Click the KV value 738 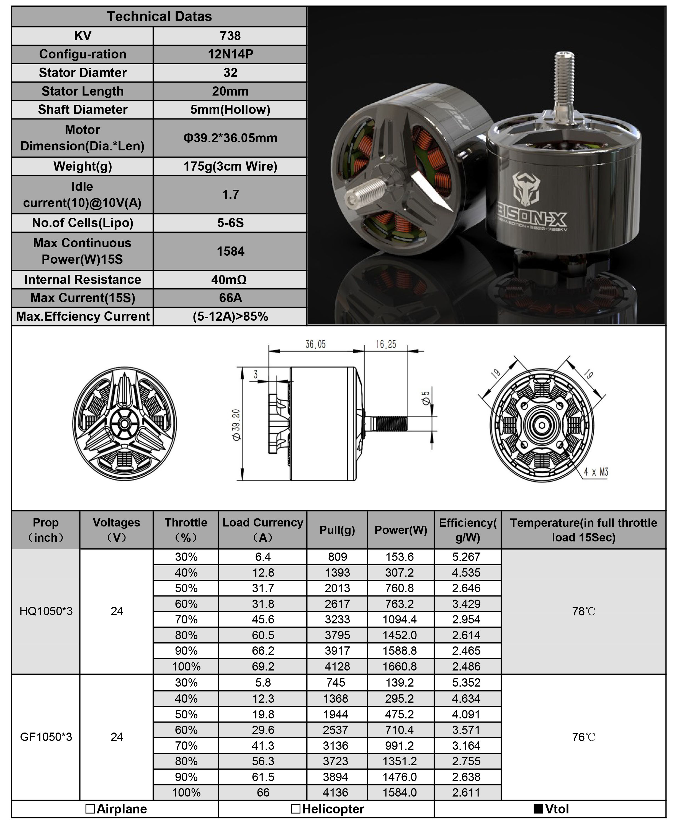(x=230, y=36)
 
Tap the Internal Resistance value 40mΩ (x=229, y=280)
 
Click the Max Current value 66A (x=230, y=298)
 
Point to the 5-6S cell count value (x=230, y=223)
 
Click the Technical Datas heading (x=159, y=16)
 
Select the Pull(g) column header (x=337, y=530)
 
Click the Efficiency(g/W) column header (x=468, y=530)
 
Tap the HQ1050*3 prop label (x=46, y=611)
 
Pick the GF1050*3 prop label (x=46, y=737)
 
